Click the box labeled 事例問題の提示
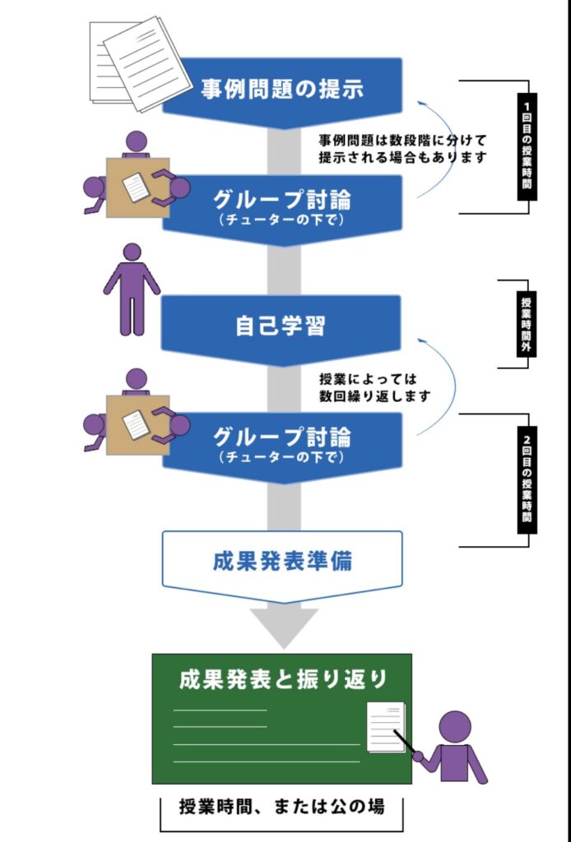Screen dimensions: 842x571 coord(282,89)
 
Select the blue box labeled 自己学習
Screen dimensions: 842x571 coord(281,326)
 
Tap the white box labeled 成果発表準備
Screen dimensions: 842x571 coord(282,563)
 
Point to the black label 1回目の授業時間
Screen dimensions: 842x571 coord(527,146)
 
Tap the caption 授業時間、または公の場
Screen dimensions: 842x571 coord(281,807)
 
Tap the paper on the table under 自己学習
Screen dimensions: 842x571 coord(136,424)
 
